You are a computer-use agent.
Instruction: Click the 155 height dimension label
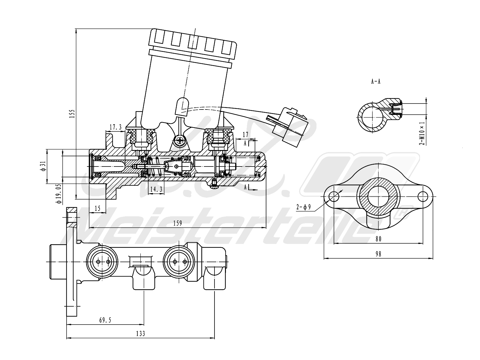[x=72, y=114]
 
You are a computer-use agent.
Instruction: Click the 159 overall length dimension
[x=178, y=223]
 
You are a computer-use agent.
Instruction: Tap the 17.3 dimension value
[x=115, y=127]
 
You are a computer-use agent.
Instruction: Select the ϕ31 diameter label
[x=43, y=166]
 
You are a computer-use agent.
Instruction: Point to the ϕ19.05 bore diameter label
[x=58, y=194]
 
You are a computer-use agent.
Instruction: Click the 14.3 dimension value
[x=156, y=189]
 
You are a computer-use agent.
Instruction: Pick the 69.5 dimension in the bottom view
[x=105, y=320]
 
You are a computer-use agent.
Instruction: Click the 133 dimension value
[x=140, y=334]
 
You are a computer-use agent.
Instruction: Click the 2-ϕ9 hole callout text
[x=303, y=207]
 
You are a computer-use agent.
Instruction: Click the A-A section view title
[x=376, y=82]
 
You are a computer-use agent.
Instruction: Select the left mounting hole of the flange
[x=334, y=196]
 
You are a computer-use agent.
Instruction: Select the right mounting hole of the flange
[x=423, y=196]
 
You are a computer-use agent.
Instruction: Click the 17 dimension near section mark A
[x=245, y=135]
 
